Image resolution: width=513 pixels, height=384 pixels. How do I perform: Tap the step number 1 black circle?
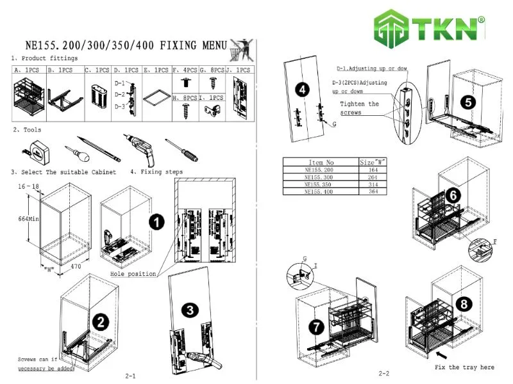click(x=155, y=222)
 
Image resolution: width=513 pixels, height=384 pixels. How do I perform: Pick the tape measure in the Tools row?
click(x=37, y=147)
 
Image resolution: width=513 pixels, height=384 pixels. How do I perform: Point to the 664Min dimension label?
click(x=26, y=218)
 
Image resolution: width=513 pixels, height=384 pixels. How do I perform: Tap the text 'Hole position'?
click(x=133, y=273)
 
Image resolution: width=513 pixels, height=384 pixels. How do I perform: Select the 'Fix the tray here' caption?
click(x=464, y=367)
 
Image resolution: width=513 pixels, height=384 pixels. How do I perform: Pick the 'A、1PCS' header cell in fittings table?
click(x=28, y=70)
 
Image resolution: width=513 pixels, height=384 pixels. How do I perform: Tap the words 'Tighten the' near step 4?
click(x=359, y=104)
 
